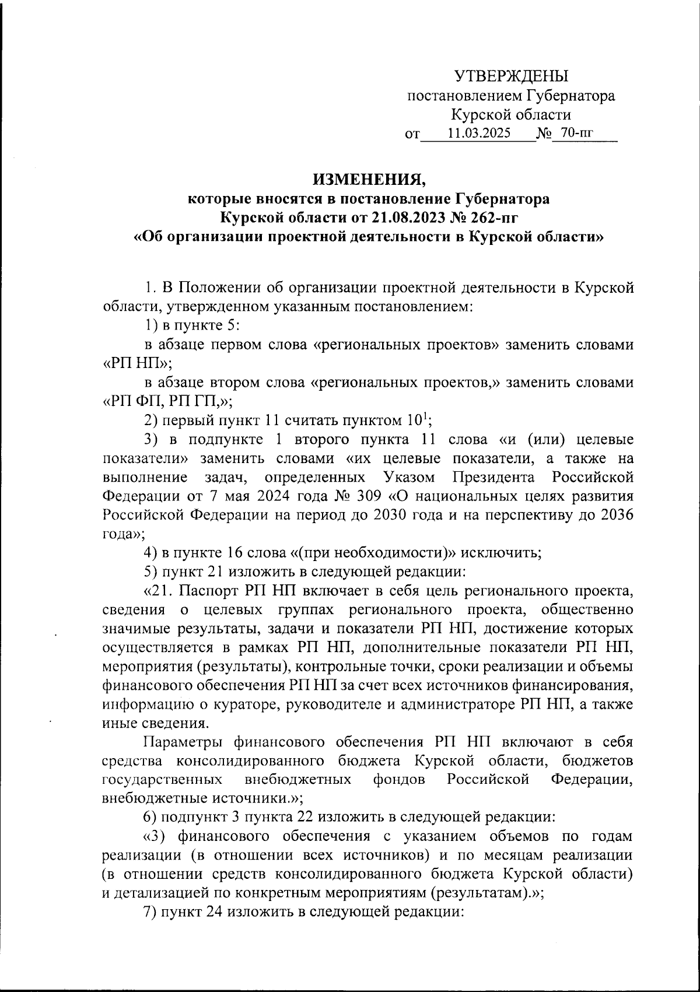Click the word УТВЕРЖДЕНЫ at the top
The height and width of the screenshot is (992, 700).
click(511, 76)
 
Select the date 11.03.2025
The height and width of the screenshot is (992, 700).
click(479, 133)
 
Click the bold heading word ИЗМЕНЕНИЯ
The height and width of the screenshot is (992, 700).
click(368, 178)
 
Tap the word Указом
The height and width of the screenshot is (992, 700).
click(409, 478)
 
